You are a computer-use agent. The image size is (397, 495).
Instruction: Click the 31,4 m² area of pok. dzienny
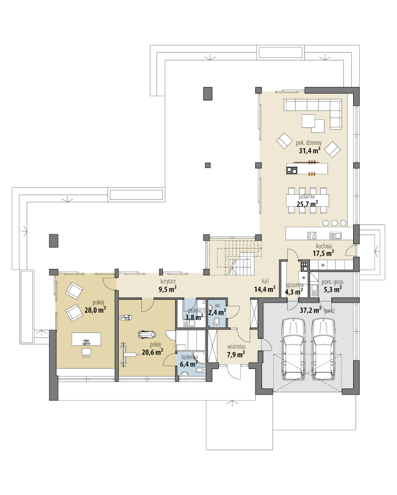click(x=310, y=150)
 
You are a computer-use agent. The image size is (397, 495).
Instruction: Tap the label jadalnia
click(x=306, y=196)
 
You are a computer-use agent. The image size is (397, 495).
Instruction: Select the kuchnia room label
click(x=324, y=246)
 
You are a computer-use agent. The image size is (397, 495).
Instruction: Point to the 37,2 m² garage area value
click(x=310, y=310)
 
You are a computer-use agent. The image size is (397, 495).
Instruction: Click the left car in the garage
click(x=294, y=350)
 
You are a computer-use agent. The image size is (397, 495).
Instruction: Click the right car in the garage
click(x=324, y=350)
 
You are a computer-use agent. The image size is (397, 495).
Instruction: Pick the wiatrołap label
click(x=236, y=347)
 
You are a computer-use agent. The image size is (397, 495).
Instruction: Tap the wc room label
click(x=217, y=305)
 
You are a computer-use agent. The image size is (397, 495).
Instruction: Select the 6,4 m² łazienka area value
click(x=188, y=364)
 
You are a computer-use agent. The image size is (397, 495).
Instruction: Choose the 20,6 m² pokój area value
click(x=152, y=352)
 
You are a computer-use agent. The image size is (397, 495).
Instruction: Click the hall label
click(x=265, y=281)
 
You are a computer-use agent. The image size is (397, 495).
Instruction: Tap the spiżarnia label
click(x=294, y=285)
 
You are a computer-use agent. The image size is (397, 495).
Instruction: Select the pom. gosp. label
click(x=333, y=282)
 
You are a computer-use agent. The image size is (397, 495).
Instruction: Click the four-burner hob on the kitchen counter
click(x=312, y=235)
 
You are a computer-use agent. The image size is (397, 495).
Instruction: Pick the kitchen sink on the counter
click(x=335, y=235)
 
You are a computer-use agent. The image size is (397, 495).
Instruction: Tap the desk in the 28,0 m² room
click(x=86, y=339)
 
